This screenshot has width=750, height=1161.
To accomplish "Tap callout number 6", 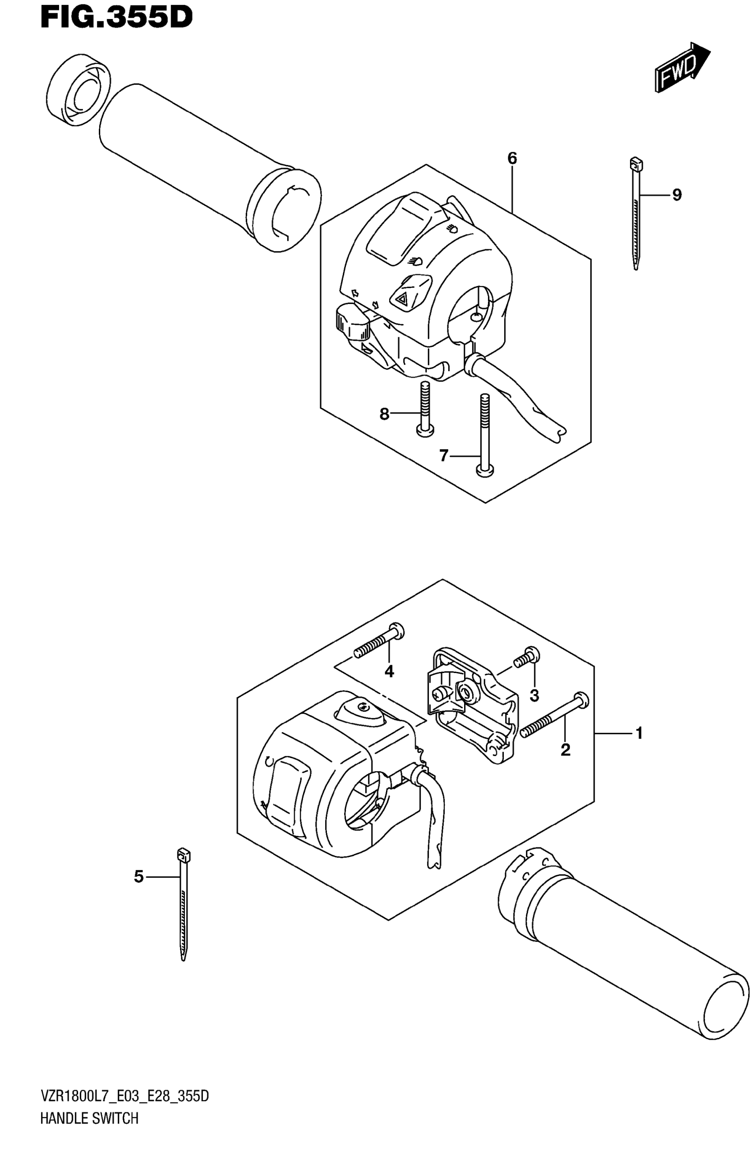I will [512, 158].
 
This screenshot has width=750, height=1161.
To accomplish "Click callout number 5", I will [139, 876].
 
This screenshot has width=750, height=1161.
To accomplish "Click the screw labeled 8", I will [425, 409].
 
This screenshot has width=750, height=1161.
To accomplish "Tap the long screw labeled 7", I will [484, 433].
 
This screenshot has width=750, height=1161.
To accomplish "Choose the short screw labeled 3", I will [526, 657].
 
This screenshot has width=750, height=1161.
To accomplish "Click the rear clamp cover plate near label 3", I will [470, 701].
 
